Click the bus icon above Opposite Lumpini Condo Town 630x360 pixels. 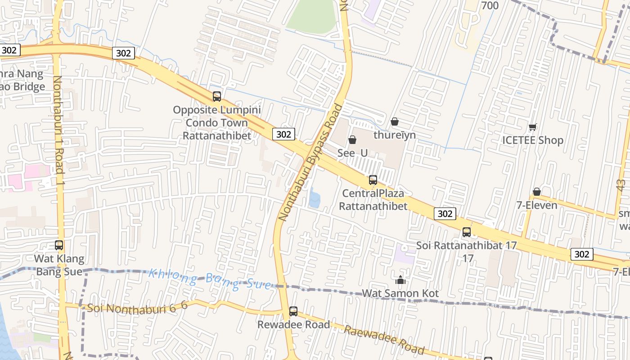coord(217,96)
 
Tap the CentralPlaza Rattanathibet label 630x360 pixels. coord(373,199)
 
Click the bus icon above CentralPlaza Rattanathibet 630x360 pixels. coord(373,180)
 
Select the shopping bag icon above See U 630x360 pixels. coord(352,140)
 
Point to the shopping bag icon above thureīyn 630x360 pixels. coord(395,121)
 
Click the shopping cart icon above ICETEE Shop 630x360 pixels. coord(533,127)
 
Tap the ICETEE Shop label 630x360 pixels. coord(533,140)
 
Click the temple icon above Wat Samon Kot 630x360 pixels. coord(400,280)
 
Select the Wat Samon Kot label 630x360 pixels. coord(400,293)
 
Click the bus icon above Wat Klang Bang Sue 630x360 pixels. coord(59,245)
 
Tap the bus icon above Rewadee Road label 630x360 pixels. coord(293,311)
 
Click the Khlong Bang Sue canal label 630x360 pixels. coord(210,279)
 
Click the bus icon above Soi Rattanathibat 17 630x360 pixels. coord(467,232)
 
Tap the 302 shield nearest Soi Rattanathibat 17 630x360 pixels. coord(445,214)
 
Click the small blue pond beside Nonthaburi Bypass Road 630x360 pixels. coord(315,198)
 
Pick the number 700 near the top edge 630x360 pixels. coord(490,5)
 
